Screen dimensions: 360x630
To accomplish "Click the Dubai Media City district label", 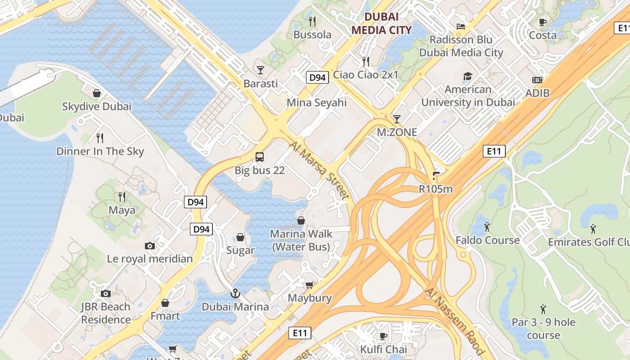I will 381,23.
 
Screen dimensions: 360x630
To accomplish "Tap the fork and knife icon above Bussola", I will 312,21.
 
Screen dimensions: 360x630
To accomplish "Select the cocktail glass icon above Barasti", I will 261,70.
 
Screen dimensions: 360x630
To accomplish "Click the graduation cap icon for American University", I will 468,76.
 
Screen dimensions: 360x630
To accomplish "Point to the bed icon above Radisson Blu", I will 461,26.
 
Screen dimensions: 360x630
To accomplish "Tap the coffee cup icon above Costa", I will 543,22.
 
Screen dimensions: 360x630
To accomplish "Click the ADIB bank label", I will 537,93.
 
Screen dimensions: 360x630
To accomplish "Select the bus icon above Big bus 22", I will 260,157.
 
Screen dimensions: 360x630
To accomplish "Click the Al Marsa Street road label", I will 319,171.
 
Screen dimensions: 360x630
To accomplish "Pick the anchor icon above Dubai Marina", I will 235,293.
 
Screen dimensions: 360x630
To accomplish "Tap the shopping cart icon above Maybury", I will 310,285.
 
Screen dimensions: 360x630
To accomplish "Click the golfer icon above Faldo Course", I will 487,227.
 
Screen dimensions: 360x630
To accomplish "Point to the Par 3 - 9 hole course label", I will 543,328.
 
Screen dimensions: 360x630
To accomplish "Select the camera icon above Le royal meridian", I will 150,246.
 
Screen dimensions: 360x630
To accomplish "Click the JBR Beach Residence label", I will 106,313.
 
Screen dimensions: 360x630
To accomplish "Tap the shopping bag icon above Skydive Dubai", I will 97,93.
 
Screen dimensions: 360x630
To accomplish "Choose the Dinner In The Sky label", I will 100,151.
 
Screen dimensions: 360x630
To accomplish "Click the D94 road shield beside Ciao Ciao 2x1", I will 318,77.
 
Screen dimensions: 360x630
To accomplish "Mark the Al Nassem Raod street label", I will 454,322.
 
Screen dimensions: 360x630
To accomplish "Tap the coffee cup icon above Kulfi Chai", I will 383,336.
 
